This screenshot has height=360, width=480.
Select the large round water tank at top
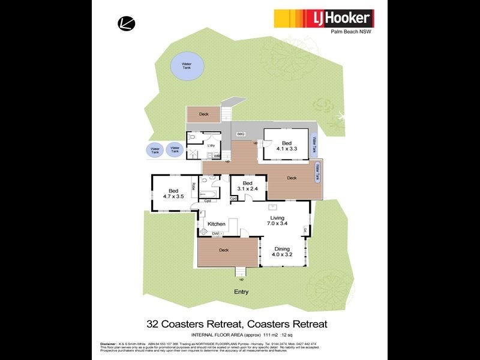(184, 66)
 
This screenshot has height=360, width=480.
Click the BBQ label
(241, 133)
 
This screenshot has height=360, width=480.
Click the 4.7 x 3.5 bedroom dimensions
(172, 196)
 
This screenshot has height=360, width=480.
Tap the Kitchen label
(217, 224)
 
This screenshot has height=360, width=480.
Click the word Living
(277, 218)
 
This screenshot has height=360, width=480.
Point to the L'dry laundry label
(211, 146)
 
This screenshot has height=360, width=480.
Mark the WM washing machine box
(217, 156)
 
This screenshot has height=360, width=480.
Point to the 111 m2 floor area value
(277, 334)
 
